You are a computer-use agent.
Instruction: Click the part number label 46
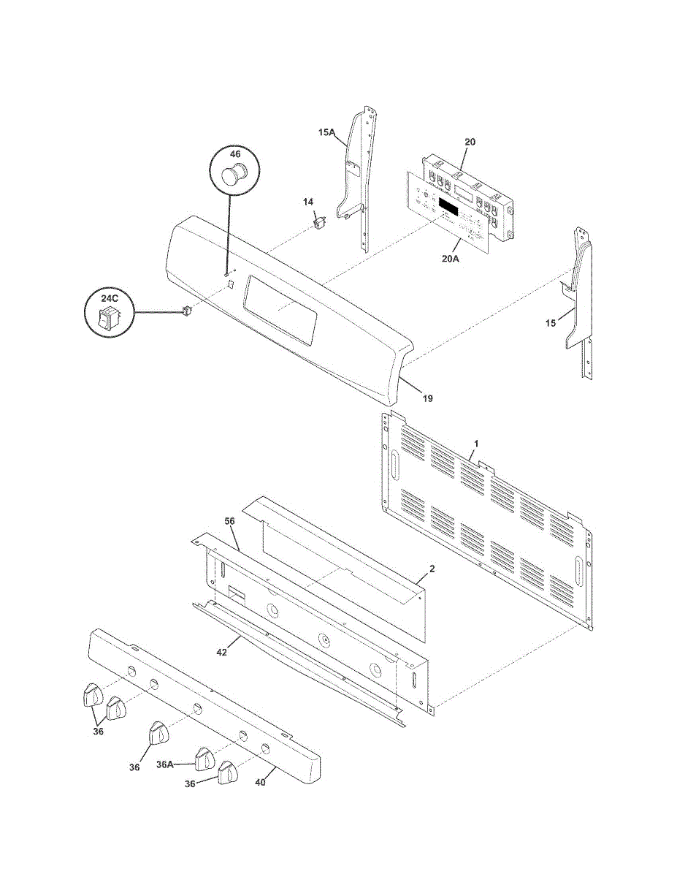(x=234, y=154)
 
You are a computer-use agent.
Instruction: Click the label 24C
(x=109, y=298)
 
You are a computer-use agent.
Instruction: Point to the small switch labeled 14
(x=318, y=221)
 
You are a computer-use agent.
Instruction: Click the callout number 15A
(x=326, y=133)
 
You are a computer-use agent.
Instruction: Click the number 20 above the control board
(x=470, y=142)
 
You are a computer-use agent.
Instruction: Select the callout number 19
(x=427, y=398)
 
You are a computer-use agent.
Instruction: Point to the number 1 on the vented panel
(x=477, y=444)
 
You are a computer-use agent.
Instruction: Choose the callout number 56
(x=229, y=521)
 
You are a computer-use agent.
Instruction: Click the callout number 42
(x=221, y=652)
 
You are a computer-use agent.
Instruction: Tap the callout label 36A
(x=165, y=765)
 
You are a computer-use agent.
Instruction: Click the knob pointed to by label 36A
(x=204, y=760)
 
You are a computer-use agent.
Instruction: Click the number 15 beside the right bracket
(x=551, y=322)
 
